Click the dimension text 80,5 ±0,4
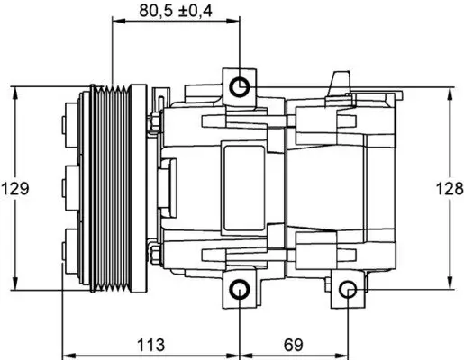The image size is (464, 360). coord(177,12)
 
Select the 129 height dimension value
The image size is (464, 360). coord(16,189)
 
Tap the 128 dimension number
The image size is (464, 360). coord(448,189)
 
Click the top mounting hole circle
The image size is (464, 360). coord(239,87)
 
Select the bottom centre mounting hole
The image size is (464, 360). coord(239,289)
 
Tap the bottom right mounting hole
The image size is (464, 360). coord(350,289)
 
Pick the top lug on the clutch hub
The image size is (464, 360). coord(70,121)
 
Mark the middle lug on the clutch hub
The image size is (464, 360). coord(70,189)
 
